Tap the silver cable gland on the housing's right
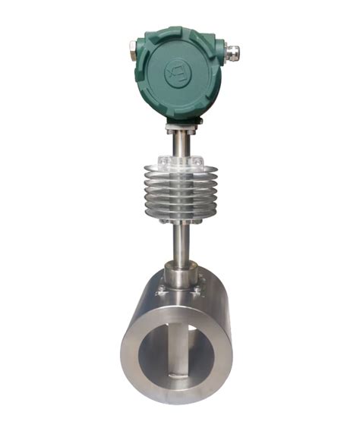click(x=232, y=52)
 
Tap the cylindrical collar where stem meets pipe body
click(x=181, y=275)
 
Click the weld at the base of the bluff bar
click(x=177, y=376)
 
